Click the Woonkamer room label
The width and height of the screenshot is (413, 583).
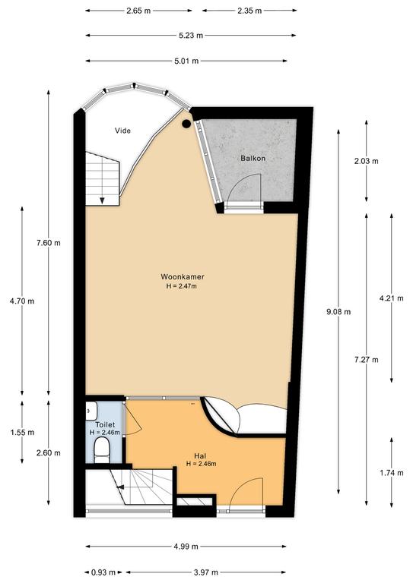tap(183, 276)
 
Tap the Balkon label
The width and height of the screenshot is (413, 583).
tap(253, 158)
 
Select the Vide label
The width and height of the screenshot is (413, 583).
tap(122, 131)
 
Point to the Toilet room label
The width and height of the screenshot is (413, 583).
tap(105, 424)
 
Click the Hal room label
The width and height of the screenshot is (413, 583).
tap(200, 455)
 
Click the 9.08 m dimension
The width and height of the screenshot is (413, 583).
tap(338, 312)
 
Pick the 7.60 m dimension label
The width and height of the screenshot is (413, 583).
tap(49, 243)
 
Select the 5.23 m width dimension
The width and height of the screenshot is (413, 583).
tap(191, 36)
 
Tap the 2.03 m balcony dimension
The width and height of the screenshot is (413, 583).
tap(367, 161)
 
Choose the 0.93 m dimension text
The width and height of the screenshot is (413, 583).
tap(103, 572)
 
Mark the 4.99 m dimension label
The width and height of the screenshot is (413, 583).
tap(186, 547)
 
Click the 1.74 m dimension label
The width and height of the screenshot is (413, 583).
tap(392, 473)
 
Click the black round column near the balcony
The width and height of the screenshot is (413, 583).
tap(186, 124)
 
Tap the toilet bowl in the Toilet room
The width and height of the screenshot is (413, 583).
tap(101, 449)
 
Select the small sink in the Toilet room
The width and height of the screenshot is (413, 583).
tap(91, 411)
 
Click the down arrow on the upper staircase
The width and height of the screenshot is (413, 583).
tap(102, 200)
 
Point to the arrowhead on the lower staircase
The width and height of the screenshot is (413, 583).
tap(119, 487)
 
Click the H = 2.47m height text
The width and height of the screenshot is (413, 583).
tap(181, 286)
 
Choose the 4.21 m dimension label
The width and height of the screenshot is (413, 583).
tap(392, 298)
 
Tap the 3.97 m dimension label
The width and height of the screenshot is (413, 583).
tap(206, 572)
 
